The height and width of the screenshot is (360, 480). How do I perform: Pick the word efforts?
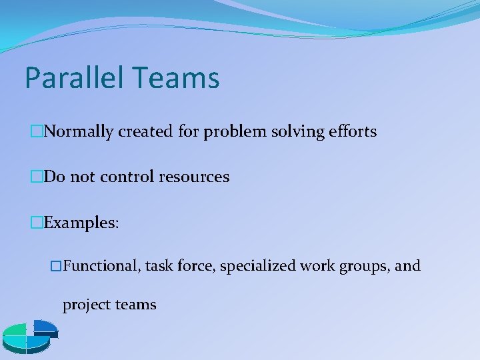pyautogui.click(x=353, y=132)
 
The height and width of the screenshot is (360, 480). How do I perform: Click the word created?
pyautogui.click(x=146, y=132)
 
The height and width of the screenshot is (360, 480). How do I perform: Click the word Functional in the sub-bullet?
pyautogui.click(x=101, y=267)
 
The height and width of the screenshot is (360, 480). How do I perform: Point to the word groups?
pyautogui.click(x=366, y=267)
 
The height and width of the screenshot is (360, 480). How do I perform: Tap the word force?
pyautogui.click(x=195, y=267)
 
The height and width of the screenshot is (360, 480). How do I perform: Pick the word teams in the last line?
pyautogui.click(x=135, y=305)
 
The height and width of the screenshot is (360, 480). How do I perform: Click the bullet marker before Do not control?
pyautogui.click(x=37, y=177)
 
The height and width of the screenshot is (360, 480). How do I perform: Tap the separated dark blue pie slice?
pyautogui.click(x=45, y=327)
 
